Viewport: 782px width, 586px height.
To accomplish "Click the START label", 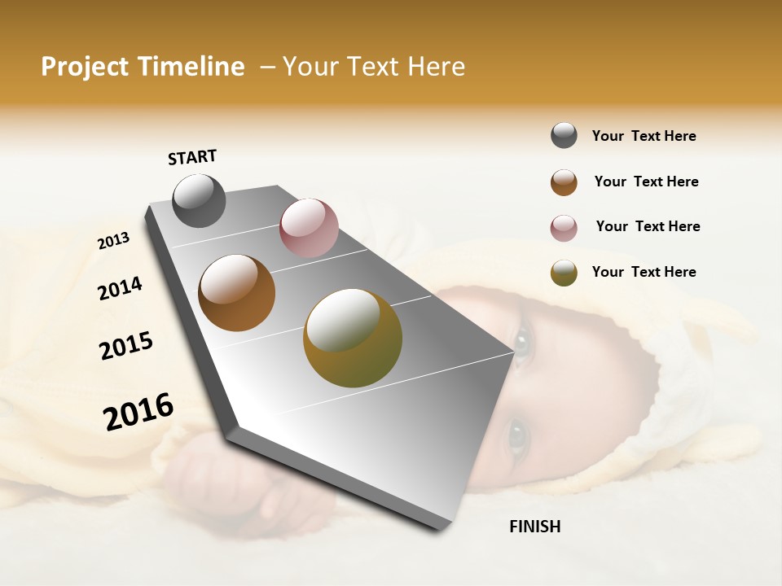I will pos(192,157).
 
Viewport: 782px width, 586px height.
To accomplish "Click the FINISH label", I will pos(534,527).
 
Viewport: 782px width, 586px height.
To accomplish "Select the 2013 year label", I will pos(114,241).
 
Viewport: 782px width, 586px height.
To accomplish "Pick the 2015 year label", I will pos(126,346).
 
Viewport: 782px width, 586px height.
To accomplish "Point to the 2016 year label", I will pos(138,412).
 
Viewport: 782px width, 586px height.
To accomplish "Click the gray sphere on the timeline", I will pos(199,201).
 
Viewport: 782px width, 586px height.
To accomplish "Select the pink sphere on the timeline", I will pos(309,228).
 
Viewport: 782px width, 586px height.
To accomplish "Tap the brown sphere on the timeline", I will pos(237,293).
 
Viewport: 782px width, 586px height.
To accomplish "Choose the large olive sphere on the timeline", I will pos(353,338).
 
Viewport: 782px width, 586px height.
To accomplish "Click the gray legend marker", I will pos(564,136).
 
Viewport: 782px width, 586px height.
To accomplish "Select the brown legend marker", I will pos(564,182).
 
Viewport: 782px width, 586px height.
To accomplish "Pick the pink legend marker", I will pos(564,227).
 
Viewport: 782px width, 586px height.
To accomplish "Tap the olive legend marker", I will pos(564,273).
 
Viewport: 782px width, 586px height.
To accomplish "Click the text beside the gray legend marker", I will pos(644,137).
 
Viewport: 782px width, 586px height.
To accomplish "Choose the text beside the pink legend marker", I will pos(648,226).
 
